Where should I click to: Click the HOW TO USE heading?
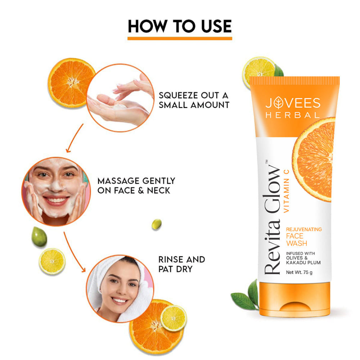(180, 26)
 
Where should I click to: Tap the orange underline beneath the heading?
(180, 38)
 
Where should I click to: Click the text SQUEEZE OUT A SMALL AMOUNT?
(194, 100)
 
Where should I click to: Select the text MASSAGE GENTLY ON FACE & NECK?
(136, 185)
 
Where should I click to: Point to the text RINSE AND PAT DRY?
(181, 264)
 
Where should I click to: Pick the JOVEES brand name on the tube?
(292, 103)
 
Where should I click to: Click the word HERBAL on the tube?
(292, 115)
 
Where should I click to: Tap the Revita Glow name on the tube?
(273, 220)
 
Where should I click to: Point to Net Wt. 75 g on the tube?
(299, 272)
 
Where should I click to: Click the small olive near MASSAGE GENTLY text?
(157, 224)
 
